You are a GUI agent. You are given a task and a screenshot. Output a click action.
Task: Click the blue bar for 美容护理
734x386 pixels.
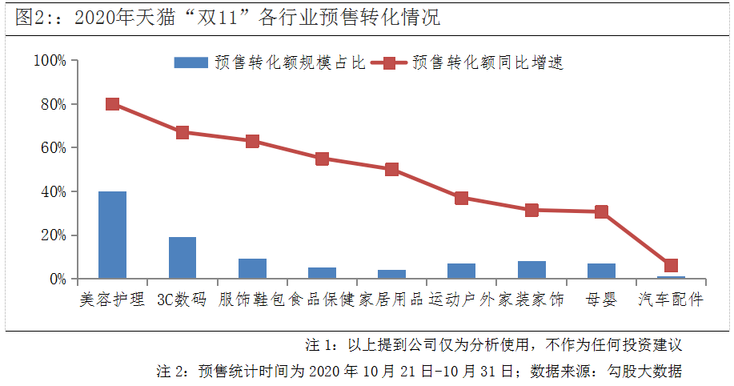click(112, 235)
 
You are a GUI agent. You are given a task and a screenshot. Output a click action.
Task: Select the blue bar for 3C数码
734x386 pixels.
click(182, 258)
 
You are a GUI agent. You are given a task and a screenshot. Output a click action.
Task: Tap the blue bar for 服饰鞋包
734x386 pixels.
click(252, 269)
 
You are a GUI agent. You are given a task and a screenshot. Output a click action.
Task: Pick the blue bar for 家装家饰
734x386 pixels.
click(531, 270)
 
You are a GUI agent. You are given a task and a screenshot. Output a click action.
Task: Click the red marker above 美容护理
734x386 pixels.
click(112, 104)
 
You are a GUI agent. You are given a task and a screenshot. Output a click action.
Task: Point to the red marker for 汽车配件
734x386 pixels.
click(671, 266)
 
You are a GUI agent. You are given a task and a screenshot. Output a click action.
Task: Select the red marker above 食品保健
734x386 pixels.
click(322, 159)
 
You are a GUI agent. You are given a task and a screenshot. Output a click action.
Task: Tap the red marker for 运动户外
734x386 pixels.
click(461, 198)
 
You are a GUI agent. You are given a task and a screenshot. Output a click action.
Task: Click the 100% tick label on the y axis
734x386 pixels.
click(50, 61)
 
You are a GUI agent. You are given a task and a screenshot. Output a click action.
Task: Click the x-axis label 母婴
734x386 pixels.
click(601, 300)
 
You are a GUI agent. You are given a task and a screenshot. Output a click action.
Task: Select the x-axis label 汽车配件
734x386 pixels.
click(671, 300)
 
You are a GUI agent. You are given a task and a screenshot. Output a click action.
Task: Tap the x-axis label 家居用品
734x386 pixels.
click(391, 300)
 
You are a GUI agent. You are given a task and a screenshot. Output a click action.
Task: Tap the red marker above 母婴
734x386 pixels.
click(601, 212)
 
